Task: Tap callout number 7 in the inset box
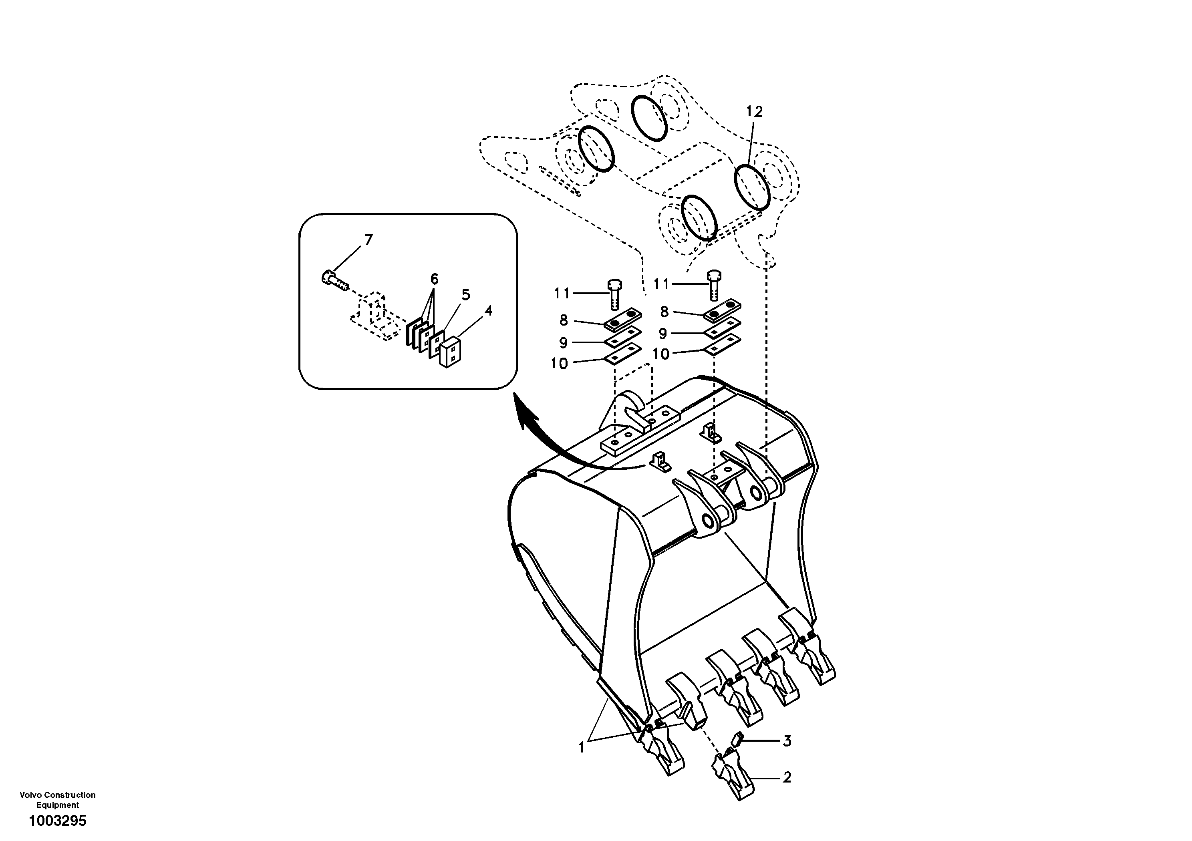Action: tap(368, 240)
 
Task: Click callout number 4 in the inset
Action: tap(488, 310)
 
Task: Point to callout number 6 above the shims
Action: tap(434, 279)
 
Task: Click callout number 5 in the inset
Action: tap(466, 295)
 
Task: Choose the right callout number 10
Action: tap(661, 354)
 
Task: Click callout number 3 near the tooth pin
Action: tap(787, 741)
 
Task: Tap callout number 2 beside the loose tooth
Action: tap(787, 778)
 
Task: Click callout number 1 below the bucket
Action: tap(582, 748)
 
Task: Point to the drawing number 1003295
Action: tap(58, 821)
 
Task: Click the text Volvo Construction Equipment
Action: tap(58, 799)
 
